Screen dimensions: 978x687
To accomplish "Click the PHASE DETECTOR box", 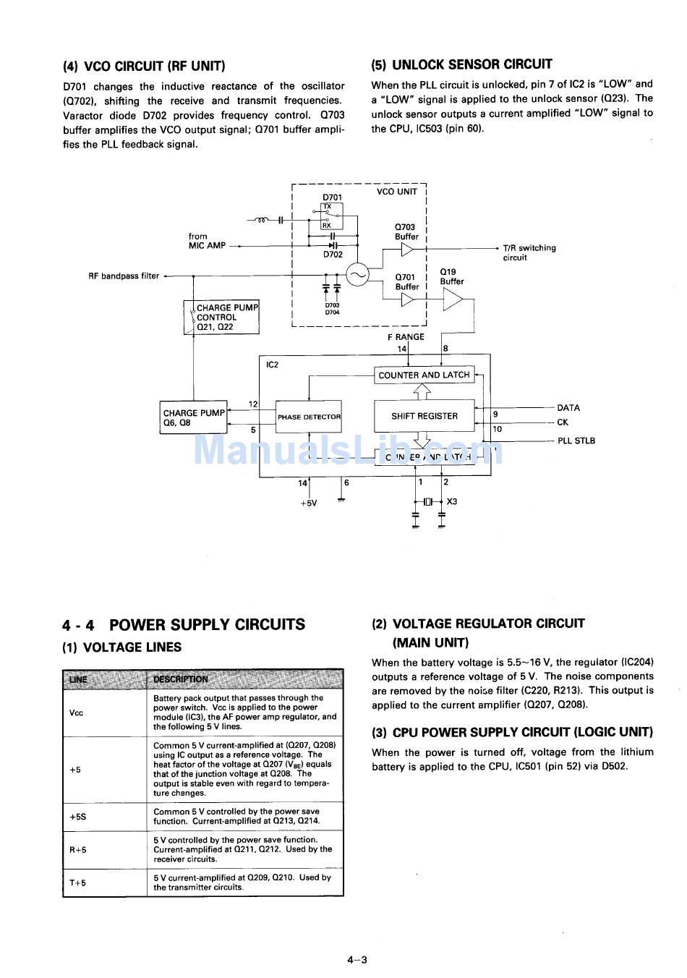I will click(x=309, y=417).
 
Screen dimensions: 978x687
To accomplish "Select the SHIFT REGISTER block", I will click(x=424, y=416).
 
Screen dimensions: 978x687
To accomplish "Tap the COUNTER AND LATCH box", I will click(x=424, y=375).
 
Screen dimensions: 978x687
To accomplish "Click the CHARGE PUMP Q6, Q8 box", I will click(x=193, y=418).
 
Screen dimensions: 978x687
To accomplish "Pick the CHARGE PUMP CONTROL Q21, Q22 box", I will click(x=221, y=318).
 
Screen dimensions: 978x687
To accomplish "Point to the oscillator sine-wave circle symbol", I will click(x=357, y=274).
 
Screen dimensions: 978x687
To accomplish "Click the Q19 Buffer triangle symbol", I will click(x=453, y=299).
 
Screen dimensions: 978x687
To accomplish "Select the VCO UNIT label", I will click(x=396, y=192).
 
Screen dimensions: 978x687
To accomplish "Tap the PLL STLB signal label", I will click(x=576, y=441).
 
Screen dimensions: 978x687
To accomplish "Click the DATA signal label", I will click(x=568, y=408).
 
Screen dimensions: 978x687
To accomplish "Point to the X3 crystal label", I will click(x=452, y=501).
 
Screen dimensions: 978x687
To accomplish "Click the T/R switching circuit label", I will click(x=529, y=252).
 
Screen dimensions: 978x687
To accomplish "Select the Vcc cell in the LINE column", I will click(x=76, y=713).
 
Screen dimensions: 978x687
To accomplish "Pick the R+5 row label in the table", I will click(x=78, y=850).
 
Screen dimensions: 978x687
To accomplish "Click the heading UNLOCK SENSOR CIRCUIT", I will click(x=461, y=64).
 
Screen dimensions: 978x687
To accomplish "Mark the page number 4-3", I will click(x=357, y=960).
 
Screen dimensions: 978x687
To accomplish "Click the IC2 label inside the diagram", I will click(x=273, y=365).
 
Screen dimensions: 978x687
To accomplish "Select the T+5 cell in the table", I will click(x=78, y=883).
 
